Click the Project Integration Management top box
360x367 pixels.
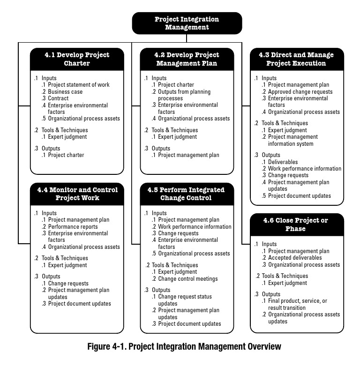coord(187,23)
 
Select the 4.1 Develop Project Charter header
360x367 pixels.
coord(77,59)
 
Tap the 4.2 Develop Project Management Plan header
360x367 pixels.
coord(187,59)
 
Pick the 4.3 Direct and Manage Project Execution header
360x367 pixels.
coord(296,59)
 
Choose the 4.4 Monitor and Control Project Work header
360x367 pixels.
coord(77,194)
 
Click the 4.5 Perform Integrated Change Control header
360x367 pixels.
coord(187,194)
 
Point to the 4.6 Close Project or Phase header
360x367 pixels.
coord(296,225)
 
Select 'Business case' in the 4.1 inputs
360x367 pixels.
coord(65,91)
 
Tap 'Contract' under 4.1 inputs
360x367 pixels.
coord(58,98)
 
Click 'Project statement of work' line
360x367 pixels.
coord(79,85)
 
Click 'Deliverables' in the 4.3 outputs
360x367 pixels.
coord(283,162)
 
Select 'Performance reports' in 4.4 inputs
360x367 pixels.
coord(73,227)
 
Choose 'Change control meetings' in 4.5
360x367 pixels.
coord(187,279)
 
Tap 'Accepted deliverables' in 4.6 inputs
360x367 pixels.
coord(294,258)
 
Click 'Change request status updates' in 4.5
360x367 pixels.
coord(185,300)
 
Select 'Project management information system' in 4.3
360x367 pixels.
coord(293,140)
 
